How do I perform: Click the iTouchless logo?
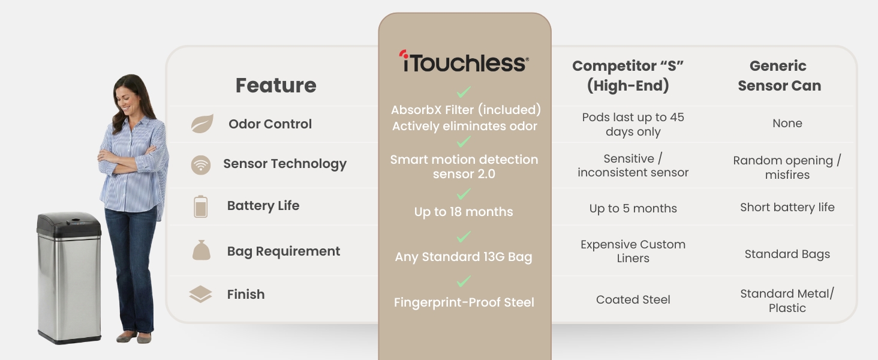(464, 62)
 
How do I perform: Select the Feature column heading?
(275, 85)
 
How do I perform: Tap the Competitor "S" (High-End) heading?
(628, 76)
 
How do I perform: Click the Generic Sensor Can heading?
(778, 76)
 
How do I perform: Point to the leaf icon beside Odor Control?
(202, 124)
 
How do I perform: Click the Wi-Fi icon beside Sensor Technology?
(201, 164)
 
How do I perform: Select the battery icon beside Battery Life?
(200, 206)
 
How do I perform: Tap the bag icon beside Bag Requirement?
(201, 250)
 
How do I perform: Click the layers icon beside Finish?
(200, 295)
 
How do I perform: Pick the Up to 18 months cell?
(464, 212)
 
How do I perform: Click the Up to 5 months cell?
(633, 209)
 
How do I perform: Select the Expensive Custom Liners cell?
(633, 251)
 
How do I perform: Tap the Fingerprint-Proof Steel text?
(464, 303)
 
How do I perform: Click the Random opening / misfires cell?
(787, 167)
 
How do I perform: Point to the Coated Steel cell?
(633, 300)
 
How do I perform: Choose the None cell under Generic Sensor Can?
(787, 124)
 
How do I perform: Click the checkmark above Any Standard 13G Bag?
(464, 237)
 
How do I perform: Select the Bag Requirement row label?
(283, 251)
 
